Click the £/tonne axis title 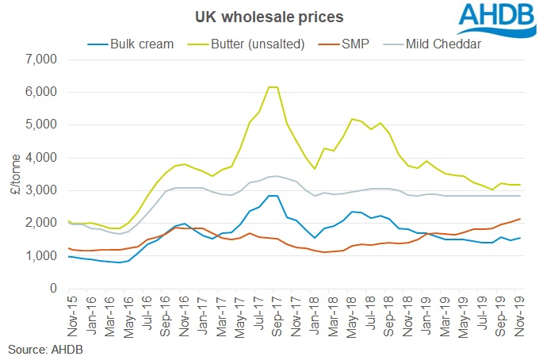click(13, 174)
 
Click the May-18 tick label click(352, 314)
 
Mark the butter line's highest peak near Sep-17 click(273, 87)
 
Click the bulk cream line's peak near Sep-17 click(273, 196)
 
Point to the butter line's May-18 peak click(352, 119)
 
